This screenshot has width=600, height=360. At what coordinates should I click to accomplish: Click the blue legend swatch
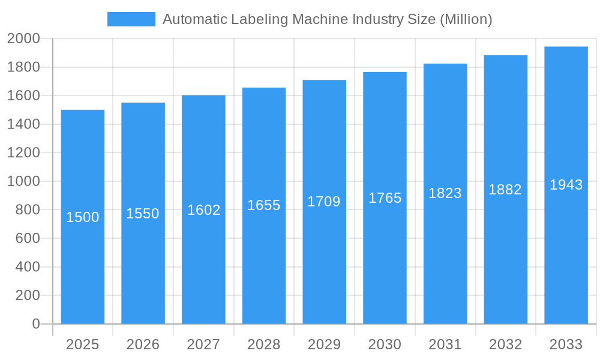coord(131,19)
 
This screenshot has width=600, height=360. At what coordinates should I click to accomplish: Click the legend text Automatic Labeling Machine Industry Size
coord(327,19)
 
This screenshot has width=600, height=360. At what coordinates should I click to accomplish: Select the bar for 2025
coord(83,270)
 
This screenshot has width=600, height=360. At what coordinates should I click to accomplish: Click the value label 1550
coord(143,214)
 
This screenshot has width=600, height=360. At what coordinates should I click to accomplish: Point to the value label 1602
coord(203,210)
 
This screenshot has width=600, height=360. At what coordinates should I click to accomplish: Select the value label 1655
coord(264,205)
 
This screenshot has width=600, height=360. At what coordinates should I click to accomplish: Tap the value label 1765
coord(385,198)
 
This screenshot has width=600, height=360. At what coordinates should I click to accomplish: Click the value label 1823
coord(445,193)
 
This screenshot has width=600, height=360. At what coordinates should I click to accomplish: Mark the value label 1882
coord(505,190)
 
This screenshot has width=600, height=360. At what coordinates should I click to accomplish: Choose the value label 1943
coord(566,185)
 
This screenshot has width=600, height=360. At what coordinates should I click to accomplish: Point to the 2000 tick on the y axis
coord(23,38)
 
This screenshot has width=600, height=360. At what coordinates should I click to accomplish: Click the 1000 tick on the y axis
coord(23,181)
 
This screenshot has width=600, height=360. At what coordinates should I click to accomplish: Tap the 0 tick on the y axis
coord(35,324)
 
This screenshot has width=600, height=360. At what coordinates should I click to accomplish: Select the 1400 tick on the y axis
coord(23,124)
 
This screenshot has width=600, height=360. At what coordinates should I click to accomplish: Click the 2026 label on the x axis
coord(143,344)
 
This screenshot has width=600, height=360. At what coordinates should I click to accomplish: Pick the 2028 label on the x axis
coord(264,344)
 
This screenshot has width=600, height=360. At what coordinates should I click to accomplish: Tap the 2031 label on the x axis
coord(445,344)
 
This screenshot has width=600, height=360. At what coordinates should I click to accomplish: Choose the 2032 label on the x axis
coord(505,344)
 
